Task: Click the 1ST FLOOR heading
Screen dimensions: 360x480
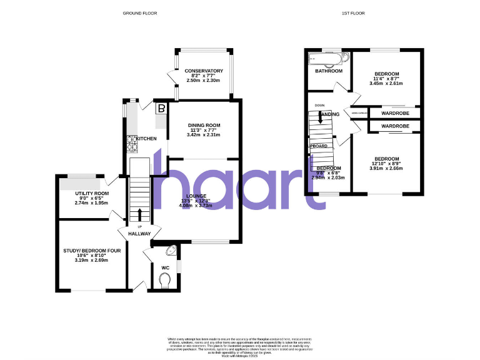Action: pos(353,13)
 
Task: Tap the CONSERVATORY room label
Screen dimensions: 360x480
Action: pos(204,71)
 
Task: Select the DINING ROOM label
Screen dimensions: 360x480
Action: pos(204,125)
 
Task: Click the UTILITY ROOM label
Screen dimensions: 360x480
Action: pos(92,194)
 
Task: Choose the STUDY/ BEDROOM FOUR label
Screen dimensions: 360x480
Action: pos(91,251)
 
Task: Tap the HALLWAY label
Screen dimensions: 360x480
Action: pos(139,234)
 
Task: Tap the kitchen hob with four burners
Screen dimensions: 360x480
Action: pos(132,144)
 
